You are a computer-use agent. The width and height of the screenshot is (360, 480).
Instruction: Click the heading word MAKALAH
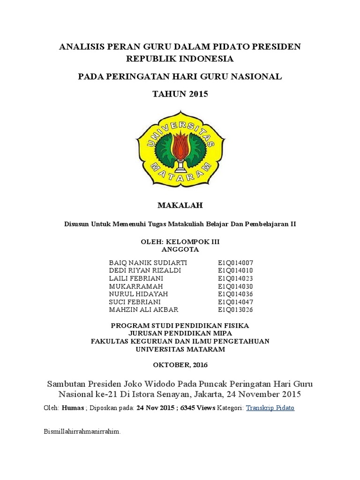(x=180, y=205)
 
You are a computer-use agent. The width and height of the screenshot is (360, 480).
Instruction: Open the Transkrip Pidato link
(x=270, y=408)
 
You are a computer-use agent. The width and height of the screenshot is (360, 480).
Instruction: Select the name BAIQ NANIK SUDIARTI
(x=141, y=262)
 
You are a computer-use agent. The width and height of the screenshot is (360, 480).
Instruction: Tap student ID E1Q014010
(x=235, y=270)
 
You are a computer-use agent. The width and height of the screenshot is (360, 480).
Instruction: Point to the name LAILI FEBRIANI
(x=129, y=278)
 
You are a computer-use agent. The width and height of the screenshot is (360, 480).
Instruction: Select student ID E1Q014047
(x=235, y=302)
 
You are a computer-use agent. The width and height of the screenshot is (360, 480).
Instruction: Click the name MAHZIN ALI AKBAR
(x=137, y=310)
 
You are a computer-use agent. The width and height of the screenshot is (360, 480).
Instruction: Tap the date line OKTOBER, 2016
(x=180, y=364)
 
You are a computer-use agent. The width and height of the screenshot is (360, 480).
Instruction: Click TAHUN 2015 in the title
(x=180, y=94)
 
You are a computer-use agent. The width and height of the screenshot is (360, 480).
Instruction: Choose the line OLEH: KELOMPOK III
(x=180, y=241)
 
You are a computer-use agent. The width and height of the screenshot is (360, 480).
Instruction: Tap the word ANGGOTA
(x=180, y=249)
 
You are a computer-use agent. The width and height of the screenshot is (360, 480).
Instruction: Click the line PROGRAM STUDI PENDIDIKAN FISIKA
(x=180, y=325)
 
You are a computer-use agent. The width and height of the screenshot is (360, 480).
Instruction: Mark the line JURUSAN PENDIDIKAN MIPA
(x=180, y=333)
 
